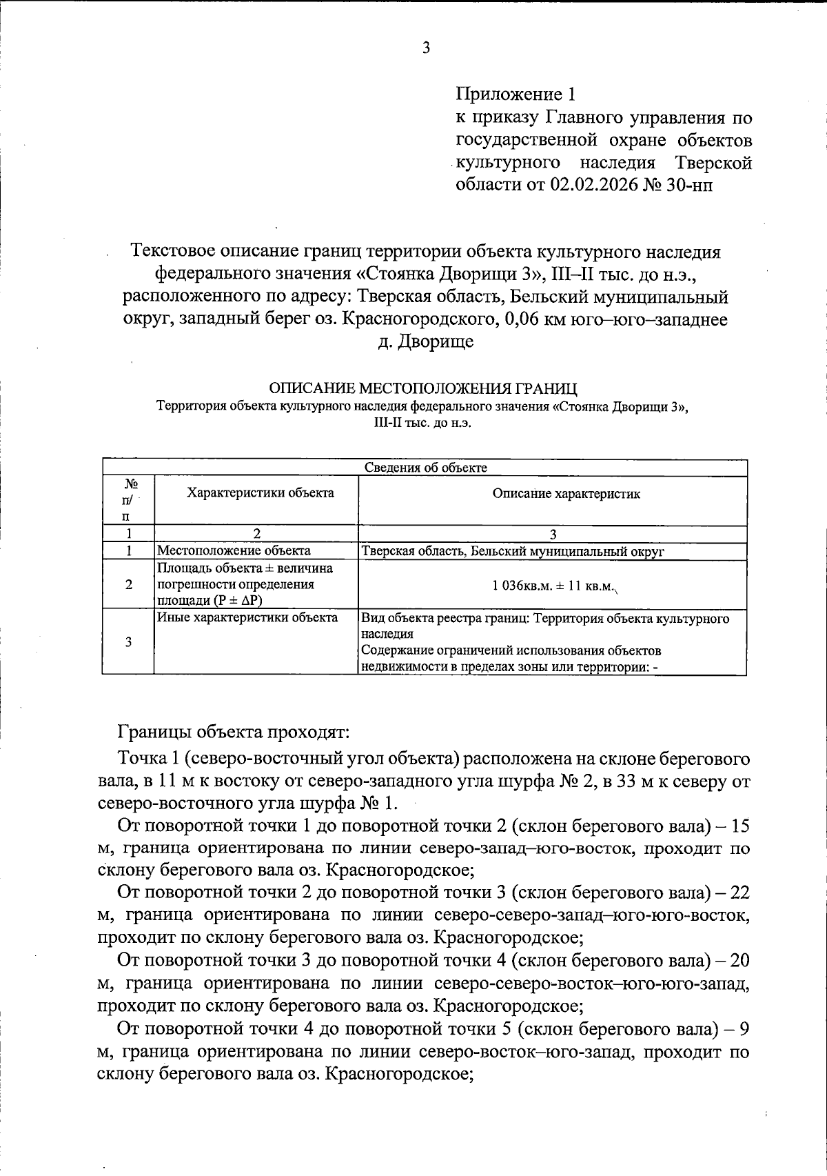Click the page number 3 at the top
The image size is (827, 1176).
pos(425,48)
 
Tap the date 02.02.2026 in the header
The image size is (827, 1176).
pos(593,186)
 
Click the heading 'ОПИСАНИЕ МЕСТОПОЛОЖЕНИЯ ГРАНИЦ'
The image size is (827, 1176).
pos(423,388)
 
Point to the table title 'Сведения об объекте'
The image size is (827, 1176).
pos(425,468)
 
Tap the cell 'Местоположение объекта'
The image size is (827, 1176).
pos(234,550)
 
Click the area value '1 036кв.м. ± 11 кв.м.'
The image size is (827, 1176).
pos(553,586)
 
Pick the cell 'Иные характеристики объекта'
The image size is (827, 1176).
pos(248,617)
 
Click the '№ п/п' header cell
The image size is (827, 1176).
pos(127,500)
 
